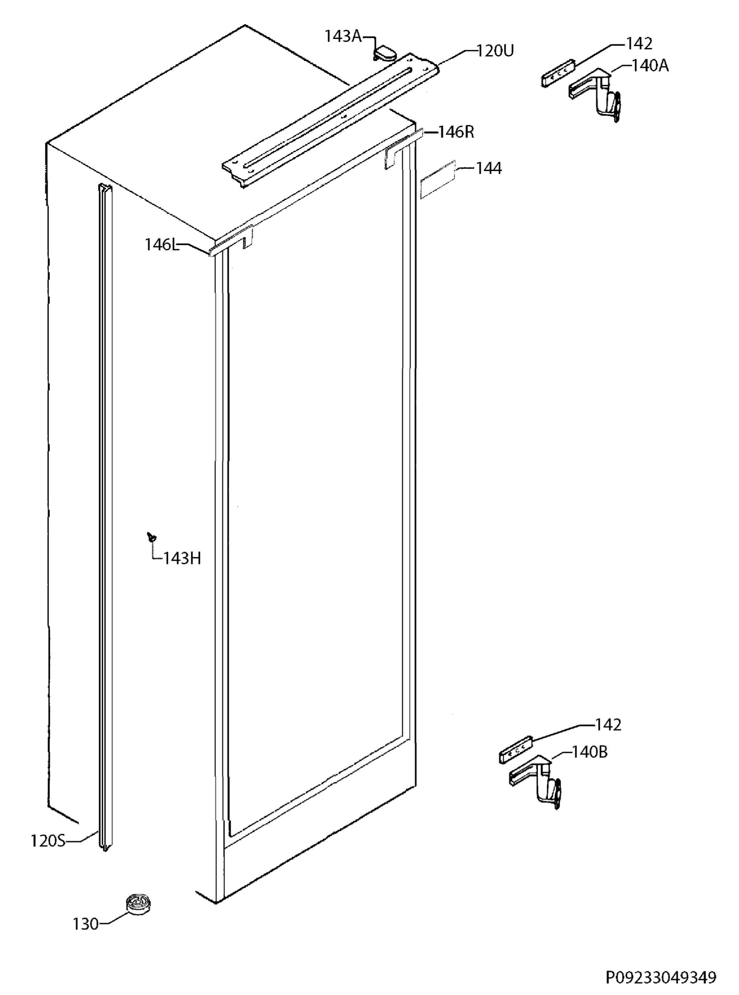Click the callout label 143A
[343, 36]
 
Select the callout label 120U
[495, 51]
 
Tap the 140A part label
[650, 66]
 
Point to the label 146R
[456, 132]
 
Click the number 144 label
[488, 168]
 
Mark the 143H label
[182, 558]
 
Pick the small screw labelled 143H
[152, 536]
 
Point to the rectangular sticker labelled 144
[437, 180]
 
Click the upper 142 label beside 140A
[639, 44]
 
